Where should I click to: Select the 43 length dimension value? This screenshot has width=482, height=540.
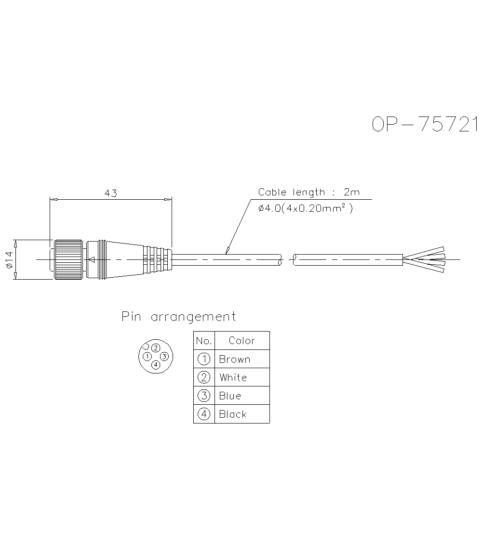(x=111, y=193)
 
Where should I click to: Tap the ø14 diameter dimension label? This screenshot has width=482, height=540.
(x=9, y=259)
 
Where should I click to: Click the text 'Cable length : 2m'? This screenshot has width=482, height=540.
(x=308, y=192)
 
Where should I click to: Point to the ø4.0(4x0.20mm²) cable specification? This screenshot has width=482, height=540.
(x=306, y=208)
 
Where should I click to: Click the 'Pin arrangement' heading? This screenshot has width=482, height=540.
(x=178, y=317)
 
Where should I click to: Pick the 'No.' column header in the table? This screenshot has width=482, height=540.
(x=204, y=341)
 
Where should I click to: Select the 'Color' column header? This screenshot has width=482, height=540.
(x=241, y=341)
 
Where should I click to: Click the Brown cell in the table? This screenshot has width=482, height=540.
(x=235, y=359)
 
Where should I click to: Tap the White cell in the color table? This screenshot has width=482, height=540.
(x=233, y=377)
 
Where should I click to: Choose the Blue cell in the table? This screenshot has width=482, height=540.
(x=230, y=396)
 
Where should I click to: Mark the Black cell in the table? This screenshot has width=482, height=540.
(x=232, y=414)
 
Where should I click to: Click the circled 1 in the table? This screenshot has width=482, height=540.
(x=204, y=359)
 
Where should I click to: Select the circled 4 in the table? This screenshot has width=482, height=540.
(x=204, y=414)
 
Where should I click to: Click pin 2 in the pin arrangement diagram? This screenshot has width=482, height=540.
(x=156, y=348)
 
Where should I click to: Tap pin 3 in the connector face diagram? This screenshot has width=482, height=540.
(x=164, y=357)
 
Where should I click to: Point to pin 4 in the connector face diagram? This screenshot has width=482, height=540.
(x=155, y=365)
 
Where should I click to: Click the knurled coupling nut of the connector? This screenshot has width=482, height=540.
(x=68, y=259)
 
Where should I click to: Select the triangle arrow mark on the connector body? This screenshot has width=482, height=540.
(x=91, y=260)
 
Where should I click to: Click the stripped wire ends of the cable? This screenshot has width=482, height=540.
(x=424, y=259)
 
